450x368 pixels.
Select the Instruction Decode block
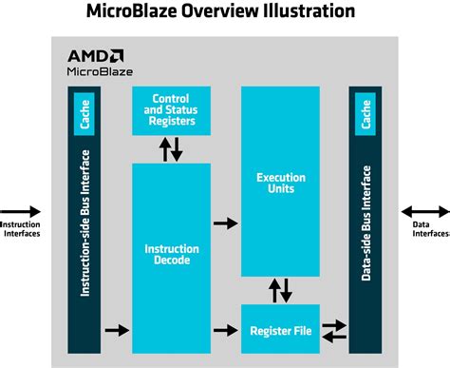(171, 255)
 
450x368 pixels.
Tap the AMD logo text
(93, 55)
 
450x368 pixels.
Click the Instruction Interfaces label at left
(19, 230)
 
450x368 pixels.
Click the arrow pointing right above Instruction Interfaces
(22, 212)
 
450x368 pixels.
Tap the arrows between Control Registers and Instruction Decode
(171, 148)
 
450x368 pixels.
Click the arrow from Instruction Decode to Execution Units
(224, 223)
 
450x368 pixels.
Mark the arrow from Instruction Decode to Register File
(224, 330)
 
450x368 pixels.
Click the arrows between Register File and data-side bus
(334, 330)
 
